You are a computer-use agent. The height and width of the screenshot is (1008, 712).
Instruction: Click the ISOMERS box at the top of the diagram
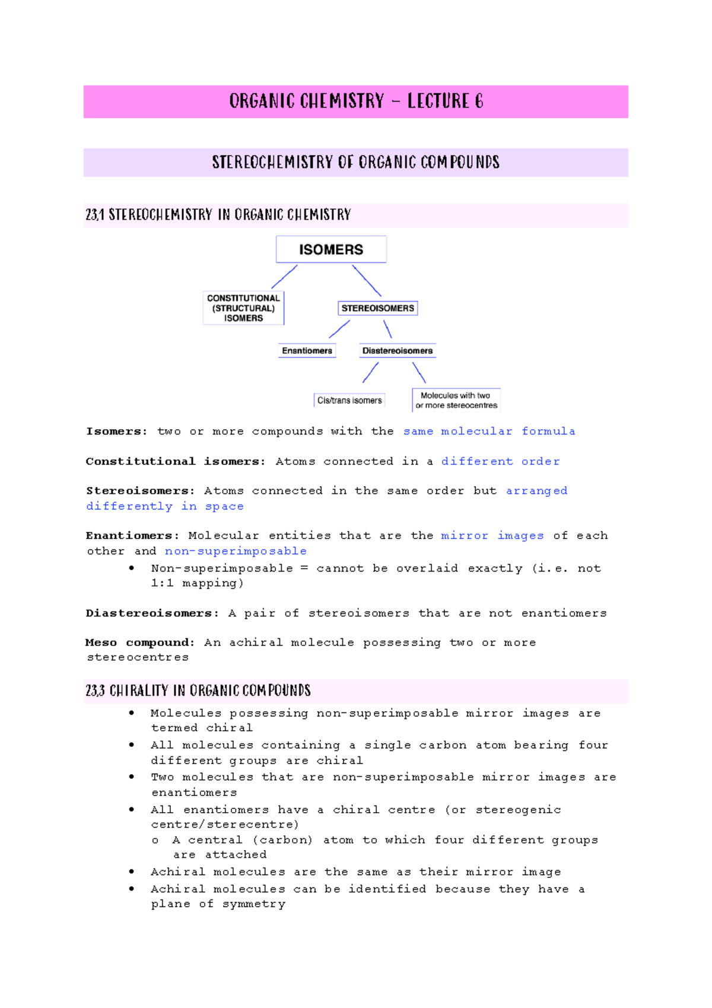tap(331, 249)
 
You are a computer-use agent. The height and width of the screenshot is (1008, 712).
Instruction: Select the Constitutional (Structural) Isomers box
tap(243, 308)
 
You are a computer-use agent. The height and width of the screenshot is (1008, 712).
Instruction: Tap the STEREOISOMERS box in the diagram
tap(378, 308)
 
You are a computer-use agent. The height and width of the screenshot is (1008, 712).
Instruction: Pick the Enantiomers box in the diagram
tap(307, 351)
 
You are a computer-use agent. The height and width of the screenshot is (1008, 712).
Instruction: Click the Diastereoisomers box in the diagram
tap(398, 351)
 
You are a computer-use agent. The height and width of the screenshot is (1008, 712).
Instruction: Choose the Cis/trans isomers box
tap(349, 401)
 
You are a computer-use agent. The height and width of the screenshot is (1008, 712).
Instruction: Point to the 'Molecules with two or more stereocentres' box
tap(456, 400)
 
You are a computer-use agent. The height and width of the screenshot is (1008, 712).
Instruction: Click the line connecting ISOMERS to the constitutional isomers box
tap(284, 277)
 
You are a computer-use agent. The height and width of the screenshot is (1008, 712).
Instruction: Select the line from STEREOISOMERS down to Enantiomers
tap(339, 329)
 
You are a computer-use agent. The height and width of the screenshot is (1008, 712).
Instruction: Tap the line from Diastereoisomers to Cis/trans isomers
tap(370, 373)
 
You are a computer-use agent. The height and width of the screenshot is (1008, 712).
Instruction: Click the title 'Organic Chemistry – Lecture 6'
tap(356, 102)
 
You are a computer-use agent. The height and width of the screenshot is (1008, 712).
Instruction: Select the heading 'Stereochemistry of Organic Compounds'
tap(356, 162)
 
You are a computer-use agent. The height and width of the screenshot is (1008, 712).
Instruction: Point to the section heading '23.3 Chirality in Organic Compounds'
tap(198, 690)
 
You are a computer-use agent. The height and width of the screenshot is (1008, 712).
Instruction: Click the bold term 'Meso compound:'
tap(140, 642)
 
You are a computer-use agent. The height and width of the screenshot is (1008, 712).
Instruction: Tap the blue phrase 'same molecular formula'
tap(489, 432)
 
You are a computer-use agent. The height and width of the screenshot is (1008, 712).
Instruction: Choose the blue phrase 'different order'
tap(500, 461)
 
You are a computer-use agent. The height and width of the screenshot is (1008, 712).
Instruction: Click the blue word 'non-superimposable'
tap(236, 551)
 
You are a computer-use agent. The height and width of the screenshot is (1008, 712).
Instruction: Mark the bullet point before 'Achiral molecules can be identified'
tap(132, 889)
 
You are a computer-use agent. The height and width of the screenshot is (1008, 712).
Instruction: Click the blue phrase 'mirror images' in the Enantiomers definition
tap(492, 535)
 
